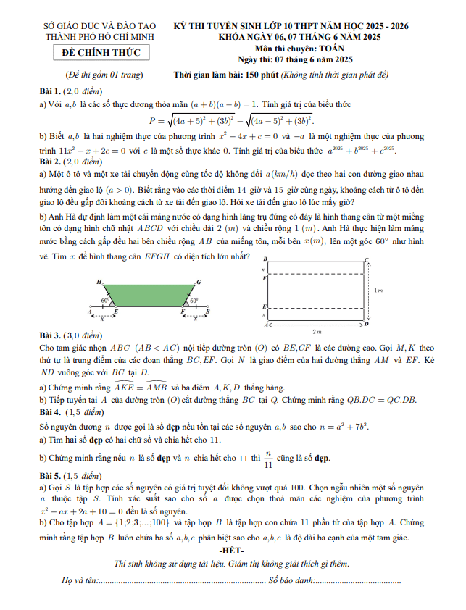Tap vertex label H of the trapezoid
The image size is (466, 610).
[99, 280]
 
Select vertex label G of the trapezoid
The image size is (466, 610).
[199, 281]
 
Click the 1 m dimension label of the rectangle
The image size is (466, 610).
[378, 290]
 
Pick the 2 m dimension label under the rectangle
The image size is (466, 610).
[317, 332]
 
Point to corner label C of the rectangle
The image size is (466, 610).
[367, 259]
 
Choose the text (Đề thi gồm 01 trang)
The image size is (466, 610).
[103, 75]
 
